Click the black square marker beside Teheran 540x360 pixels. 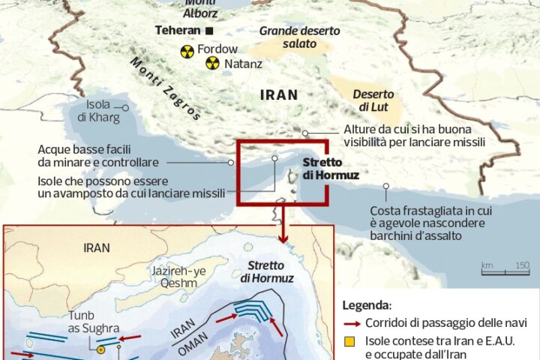[x=209, y=31]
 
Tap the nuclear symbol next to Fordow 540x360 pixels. [x=186, y=51]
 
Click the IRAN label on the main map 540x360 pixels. [x=278, y=95]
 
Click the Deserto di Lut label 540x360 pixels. [x=373, y=100]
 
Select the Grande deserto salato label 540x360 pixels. [x=299, y=37]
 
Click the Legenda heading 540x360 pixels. [x=366, y=306]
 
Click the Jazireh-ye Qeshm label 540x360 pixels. [x=169, y=277]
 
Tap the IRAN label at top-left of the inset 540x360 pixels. [x=97, y=247]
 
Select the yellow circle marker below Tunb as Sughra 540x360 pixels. [x=100, y=349]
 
